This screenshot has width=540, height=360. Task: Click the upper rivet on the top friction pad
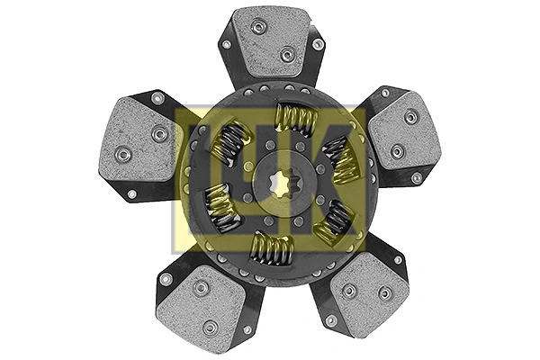[x=259, y=27]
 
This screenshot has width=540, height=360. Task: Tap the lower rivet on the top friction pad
[x=287, y=55]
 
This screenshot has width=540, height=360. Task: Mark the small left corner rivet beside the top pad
[x=226, y=43]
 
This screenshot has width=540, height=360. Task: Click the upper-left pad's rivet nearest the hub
[x=160, y=134]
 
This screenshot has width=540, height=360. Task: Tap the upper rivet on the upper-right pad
[x=410, y=116]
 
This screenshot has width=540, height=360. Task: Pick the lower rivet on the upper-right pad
[x=397, y=149]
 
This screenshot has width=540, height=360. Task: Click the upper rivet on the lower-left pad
[x=202, y=288]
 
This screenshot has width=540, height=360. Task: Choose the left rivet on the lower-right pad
[x=349, y=291]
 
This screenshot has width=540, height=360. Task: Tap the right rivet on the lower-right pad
[x=385, y=293]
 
